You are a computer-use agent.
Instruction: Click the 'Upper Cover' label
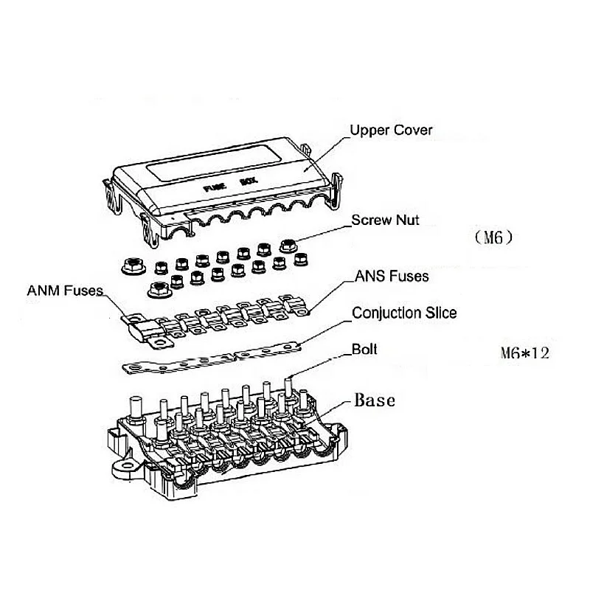pyautogui.click(x=391, y=131)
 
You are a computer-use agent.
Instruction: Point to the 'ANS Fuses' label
pyautogui.click(x=392, y=277)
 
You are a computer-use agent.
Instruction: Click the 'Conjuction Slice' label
pyautogui.click(x=404, y=313)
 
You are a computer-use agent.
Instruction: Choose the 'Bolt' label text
pyautogui.click(x=365, y=349)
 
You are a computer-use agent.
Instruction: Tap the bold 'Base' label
pyautogui.click(x=375, y=400)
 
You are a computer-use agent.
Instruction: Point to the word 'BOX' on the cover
pyautogui.click(x=246, y=181)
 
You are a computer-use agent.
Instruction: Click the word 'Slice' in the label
pyautogui.click(x=439, y=313)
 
